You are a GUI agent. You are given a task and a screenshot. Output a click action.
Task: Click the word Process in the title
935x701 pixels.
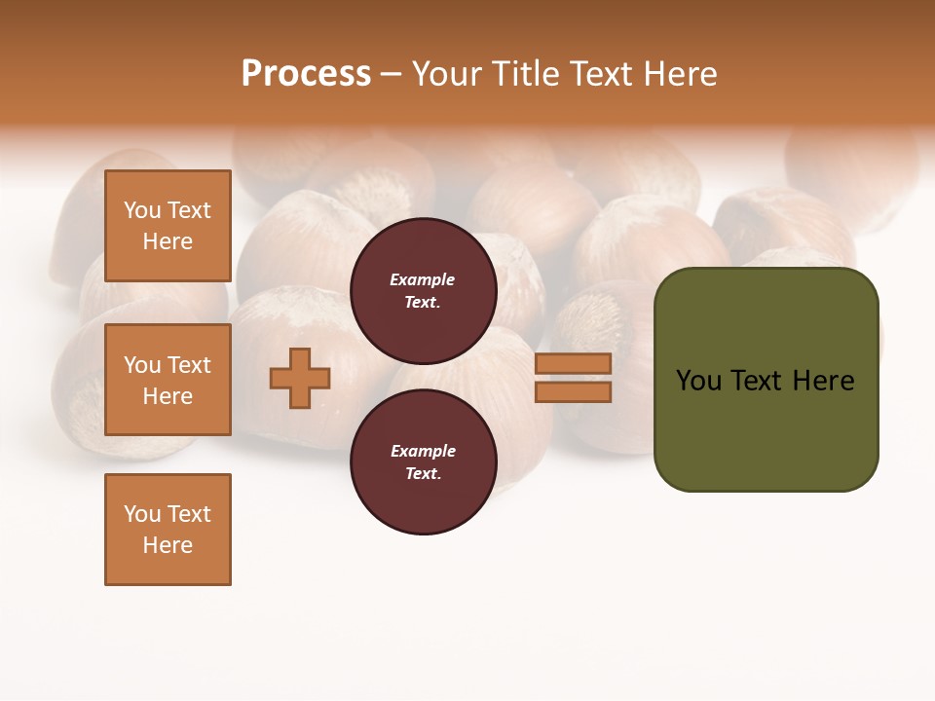pyautogui.click(x=306, y=74)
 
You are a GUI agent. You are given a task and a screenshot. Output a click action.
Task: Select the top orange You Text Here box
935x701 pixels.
pyautogui.click(x=168, y=226)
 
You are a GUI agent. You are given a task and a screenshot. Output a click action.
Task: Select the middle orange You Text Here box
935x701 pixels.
pyautogui.click(x=168, y=380)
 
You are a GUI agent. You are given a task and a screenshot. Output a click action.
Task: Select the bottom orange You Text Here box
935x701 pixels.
pyautogui.click(x=168, y=530)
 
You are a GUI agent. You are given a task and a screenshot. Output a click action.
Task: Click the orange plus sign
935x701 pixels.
pyautogui.click(x=299, y=378)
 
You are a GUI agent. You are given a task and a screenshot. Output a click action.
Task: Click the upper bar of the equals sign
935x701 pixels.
pyautogui.click(x=573, y=363)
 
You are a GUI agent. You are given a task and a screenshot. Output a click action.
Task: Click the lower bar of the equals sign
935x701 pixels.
pyautogui.click(x=573, y=391)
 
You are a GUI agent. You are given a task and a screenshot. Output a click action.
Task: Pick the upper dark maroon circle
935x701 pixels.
pyautogui.click(x=423, y=291)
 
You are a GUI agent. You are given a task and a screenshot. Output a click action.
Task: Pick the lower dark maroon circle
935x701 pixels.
pyautogui.click(x=423, y=462)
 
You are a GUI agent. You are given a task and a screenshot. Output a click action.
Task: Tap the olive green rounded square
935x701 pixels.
pyautogui.click(x=766, y=380)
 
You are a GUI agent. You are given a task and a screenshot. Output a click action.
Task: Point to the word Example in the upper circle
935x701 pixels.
pyautogui.click(x=422, y=279)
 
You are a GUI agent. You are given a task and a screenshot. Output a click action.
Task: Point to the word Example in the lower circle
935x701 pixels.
pyautogui.click(x=422, y=451)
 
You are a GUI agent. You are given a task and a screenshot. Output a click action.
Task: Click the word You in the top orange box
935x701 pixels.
pyautogui.click(x=142, y=210)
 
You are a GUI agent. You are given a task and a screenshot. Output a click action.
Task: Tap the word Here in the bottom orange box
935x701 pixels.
pyautogui.click(x=168, y=545)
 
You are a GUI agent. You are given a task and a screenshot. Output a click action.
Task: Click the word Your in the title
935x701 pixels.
pyautogui.click(x=448, y=74)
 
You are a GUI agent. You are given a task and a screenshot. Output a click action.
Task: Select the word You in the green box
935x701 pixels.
pyautogui.click(x=698, y=381)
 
